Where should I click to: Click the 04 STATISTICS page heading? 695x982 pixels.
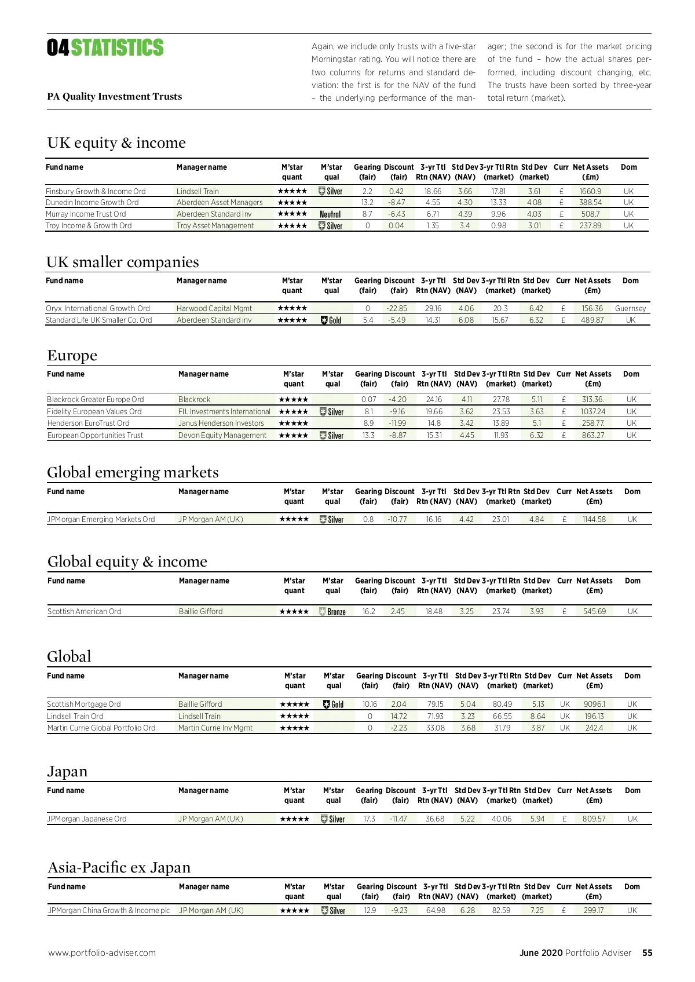tap(105, 48)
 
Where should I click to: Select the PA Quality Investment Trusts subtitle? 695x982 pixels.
tap(115, 97)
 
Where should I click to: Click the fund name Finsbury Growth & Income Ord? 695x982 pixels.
tap(96, 191)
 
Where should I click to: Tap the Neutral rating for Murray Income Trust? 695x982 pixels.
tap(330, 214)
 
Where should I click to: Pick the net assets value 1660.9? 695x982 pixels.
tap(590, 191)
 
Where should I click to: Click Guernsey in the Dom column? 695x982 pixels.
tap(630, 309)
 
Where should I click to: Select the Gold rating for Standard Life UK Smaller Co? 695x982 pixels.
tap(331, 320)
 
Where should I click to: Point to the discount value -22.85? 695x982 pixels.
tap(397, 309)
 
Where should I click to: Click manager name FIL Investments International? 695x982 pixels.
tap(224, 412)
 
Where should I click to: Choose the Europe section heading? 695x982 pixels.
tap(72, 355)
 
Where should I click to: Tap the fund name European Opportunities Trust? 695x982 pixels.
tap(95, 436)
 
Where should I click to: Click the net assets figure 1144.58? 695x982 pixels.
tap(594, 520)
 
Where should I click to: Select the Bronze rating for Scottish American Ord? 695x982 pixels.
tap(332, 612)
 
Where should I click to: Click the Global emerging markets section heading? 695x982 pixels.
tap(133, 472)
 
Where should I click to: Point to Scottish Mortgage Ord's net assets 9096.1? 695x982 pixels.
tap(594, 704)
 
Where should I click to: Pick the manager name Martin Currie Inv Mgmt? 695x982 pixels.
tap(215, 728)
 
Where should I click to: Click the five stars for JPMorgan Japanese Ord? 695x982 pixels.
tap(294, 819)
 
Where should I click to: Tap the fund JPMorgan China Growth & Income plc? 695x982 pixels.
tap(109, 911)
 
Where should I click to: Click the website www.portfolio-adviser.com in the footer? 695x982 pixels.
tap(102, 953)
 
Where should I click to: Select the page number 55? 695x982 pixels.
tap(647, 953)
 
